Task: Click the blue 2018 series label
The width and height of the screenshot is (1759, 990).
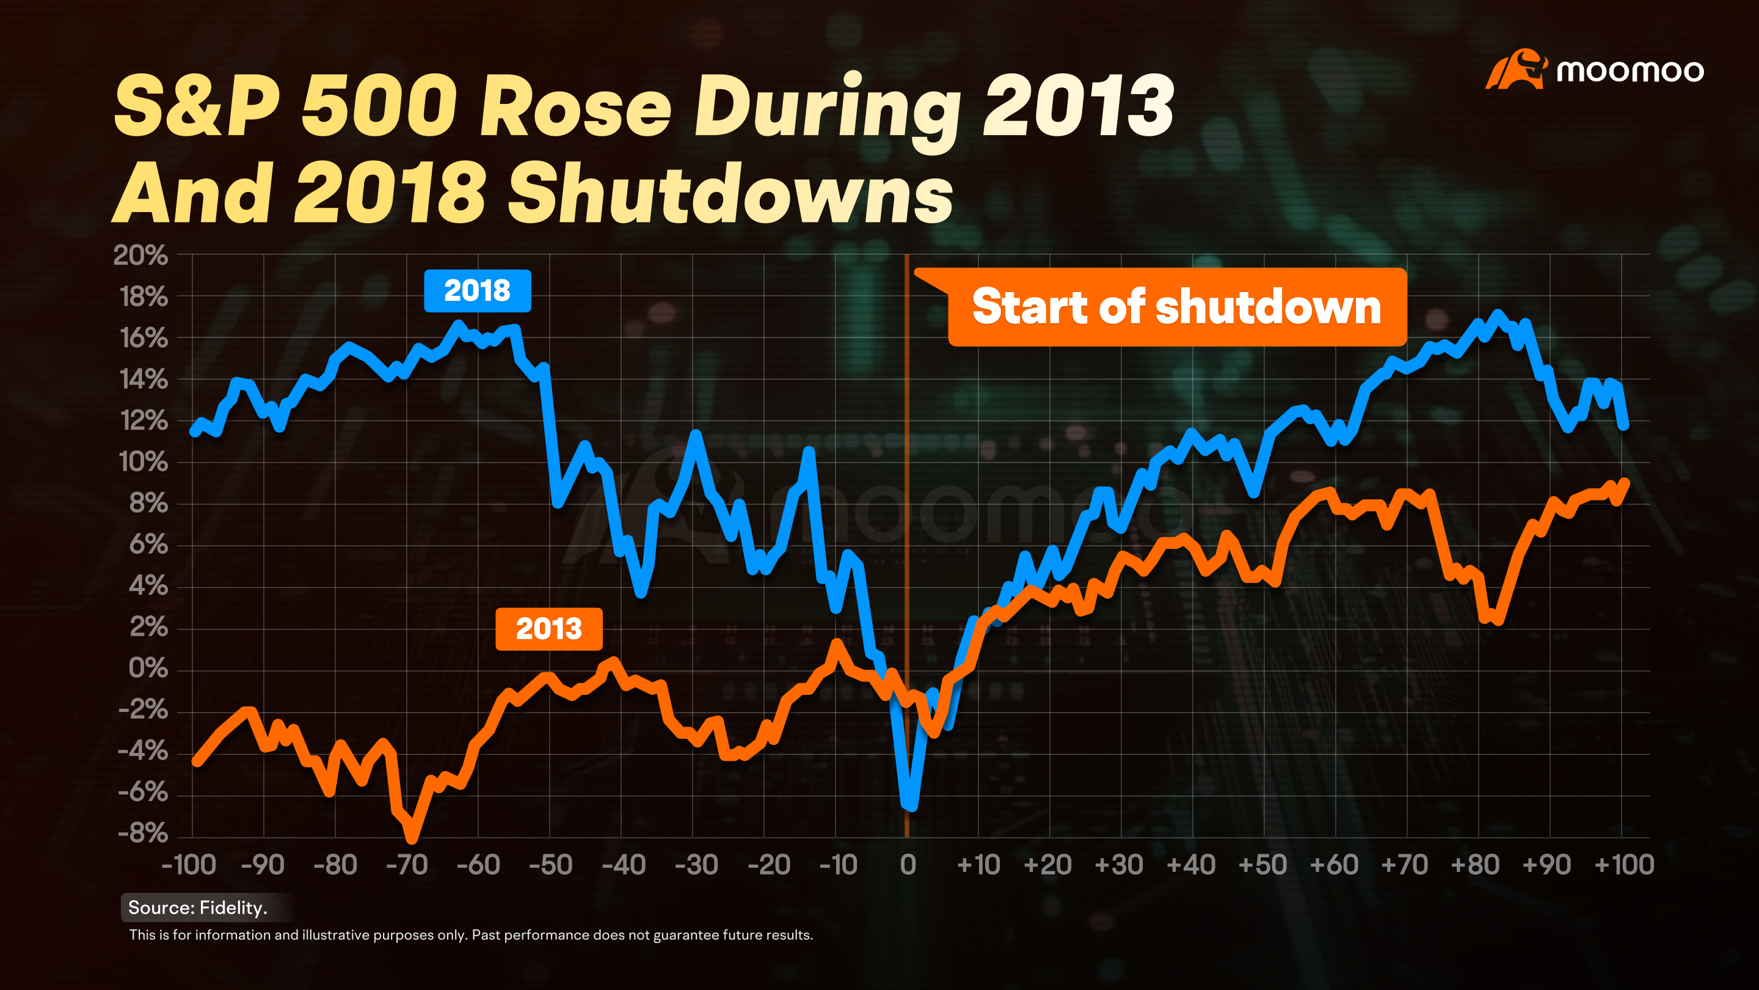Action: pyautogui.click(x=477, y=291)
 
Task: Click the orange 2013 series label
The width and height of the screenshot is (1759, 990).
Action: pyautogui.click(x=549, y=629)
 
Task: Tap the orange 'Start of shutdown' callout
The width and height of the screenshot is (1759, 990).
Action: pyautogui.click(x=1176, y=307)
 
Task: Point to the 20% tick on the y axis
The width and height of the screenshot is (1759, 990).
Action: pyautogui.click(x=140, y=255)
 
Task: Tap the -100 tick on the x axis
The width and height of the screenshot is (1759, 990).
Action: pyautogui.click(x=189, y=865)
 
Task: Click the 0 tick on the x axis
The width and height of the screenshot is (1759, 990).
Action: pyautogui.click(x=908, y=865)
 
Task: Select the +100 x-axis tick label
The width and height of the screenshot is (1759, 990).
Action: pyautogui.click(x=1624, y=865)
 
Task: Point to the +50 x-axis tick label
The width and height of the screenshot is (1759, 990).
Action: pyautogui.click(x=1263, y=865)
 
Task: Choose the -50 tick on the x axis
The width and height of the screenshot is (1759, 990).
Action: pyautogui.click(x=551, y=865)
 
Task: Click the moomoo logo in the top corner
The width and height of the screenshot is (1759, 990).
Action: pyautogui.click(x=1595, y=69)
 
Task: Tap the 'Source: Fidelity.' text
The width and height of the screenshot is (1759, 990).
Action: pyautogui.click(x=198, y=908)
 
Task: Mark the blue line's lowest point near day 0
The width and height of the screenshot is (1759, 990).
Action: pyautogui.click(x=912, y=807)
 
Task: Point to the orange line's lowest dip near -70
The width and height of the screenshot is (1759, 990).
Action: pyautogui.click(x=412, y=838)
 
